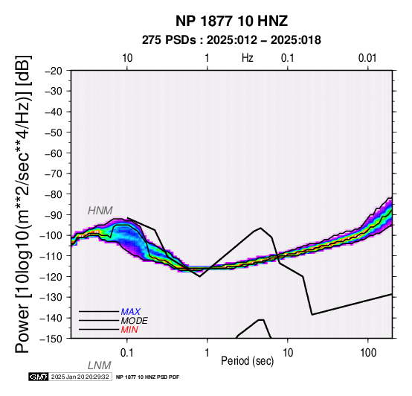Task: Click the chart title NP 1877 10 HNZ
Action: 231,21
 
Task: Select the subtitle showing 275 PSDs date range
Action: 231,40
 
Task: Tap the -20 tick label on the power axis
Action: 53,71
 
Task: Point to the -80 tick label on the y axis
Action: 53,194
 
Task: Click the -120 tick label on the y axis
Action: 51,277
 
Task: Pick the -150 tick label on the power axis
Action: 51,339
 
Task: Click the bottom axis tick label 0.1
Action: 127,353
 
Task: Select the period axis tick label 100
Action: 368,353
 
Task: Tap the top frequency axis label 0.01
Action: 367,58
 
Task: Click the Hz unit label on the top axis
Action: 247,58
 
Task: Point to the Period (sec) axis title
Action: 247,361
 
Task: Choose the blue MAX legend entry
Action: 131,312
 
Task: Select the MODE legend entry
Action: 135,321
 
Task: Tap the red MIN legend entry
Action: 129,330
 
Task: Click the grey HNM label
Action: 100,211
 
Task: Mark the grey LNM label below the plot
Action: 100,365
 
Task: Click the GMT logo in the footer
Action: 39,377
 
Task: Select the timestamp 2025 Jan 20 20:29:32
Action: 80,377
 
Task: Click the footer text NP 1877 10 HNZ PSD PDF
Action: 148,377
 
